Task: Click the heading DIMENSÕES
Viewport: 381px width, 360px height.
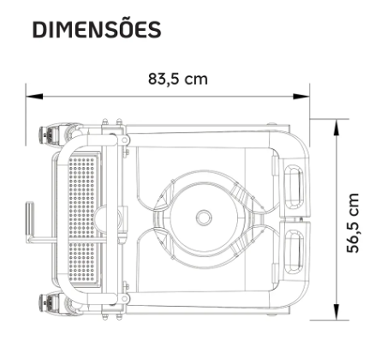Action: [x=97, y=29]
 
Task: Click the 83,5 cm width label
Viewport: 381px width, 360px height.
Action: [x=178, y=79]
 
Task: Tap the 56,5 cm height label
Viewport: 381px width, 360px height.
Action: [x=353, y=223]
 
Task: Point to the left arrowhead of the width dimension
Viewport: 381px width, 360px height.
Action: [x=34, y=97]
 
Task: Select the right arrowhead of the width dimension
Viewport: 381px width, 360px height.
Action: [x=301, y=97]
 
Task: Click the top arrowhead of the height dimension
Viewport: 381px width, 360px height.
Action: [x=337, y=128]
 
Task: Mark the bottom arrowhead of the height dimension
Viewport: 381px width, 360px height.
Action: [x=337, y=311]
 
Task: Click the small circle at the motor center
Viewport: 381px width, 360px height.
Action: [x=204, y=218]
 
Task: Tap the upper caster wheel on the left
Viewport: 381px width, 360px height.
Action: [x=45, y=135]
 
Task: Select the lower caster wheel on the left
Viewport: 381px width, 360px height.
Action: [x=45, y=303]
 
